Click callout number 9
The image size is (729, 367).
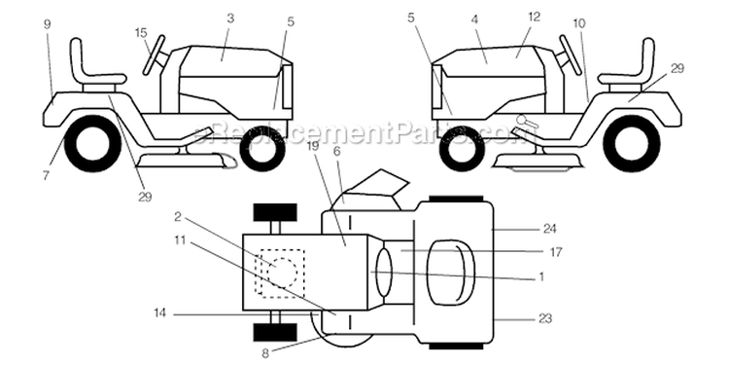coord(47,24)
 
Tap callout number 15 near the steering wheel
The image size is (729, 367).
coord(141,33)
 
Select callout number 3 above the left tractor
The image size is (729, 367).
coord(230,18)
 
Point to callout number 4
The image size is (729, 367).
coord(473,19)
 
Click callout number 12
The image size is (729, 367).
coord(535,17)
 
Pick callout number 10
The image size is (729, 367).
coord(579,23)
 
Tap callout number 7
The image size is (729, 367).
coord(46,176)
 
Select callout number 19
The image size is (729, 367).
coord(313,147)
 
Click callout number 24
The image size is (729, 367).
coord(550,229)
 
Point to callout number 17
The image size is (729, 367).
coord(556,252)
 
